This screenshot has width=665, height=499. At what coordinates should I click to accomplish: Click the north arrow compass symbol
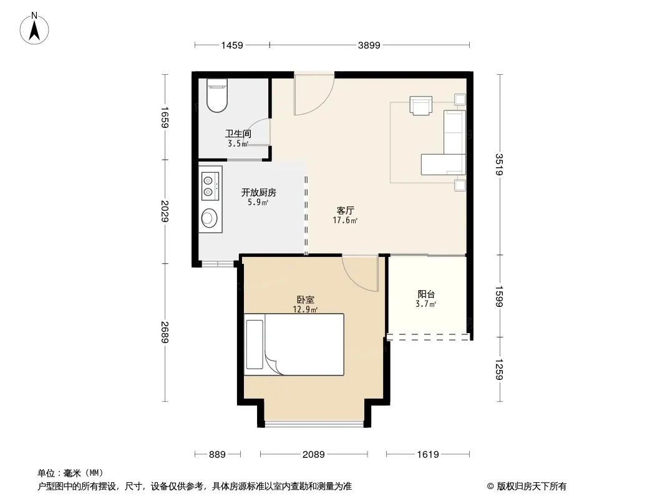[34, 29]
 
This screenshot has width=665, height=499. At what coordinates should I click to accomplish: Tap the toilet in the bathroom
[217, 95]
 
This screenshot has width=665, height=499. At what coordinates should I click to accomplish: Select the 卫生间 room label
[238, 133]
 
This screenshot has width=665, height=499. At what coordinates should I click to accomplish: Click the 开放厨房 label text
[259, 193]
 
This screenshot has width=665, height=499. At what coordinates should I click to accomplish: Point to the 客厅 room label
[345, 210]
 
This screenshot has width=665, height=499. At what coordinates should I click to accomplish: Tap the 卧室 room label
[305, 300]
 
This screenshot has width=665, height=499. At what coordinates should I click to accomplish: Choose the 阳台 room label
[426, 294]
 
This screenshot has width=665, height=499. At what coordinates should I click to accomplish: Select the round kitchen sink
[208, 218]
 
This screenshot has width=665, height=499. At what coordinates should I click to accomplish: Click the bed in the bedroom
[294, 344]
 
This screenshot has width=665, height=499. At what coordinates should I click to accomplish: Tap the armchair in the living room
[420, 105]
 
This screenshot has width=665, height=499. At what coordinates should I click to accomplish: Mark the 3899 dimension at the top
[369, 45]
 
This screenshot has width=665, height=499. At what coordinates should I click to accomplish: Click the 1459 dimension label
[232, 45]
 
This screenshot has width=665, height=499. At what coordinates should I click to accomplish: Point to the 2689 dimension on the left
[165, 332]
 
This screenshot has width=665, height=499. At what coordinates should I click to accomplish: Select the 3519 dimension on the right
[499, 164]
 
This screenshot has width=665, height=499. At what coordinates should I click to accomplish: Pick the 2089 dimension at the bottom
[313, 455]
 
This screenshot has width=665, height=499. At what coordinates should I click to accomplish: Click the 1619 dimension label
[428, 455]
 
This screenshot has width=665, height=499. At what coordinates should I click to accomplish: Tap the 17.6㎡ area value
[345, 220]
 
